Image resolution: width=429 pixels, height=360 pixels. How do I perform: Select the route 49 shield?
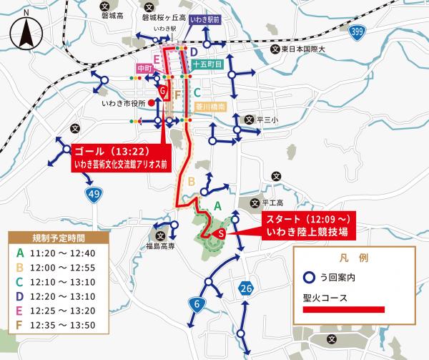94,194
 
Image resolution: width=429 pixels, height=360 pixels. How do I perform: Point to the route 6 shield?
196,304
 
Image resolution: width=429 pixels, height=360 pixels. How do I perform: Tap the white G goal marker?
163,92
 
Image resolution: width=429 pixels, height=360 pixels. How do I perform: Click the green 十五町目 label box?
209,64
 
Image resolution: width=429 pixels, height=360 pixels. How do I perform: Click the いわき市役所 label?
123,103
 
